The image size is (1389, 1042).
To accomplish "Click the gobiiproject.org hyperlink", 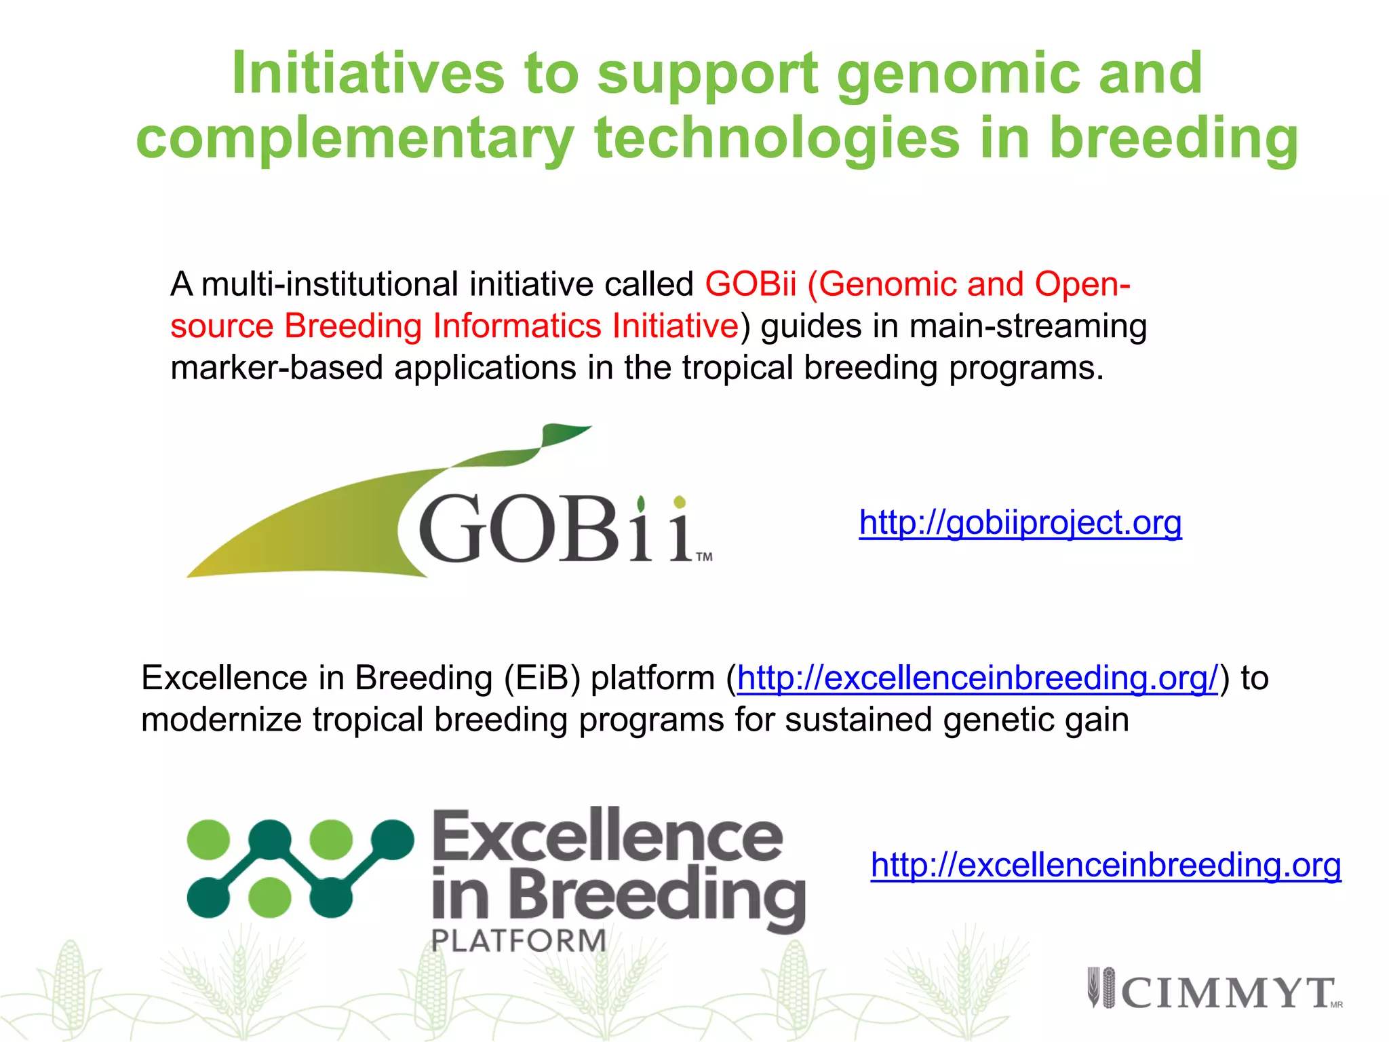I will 1020,523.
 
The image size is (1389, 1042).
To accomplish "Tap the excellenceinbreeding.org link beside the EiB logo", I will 1106,866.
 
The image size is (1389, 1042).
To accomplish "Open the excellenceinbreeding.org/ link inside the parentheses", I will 977,678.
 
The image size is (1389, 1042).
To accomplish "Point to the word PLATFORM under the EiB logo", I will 519,941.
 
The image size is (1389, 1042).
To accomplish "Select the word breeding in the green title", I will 1173,138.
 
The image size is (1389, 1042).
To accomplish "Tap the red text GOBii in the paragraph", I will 750,284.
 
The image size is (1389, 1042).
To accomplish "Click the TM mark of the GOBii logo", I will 704,557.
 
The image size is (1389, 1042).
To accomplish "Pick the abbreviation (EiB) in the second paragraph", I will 542,678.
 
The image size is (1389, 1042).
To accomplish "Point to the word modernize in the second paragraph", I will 221,720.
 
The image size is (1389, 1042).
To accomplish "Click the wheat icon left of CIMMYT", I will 1101,988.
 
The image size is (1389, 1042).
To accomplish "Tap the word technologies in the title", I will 777,138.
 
